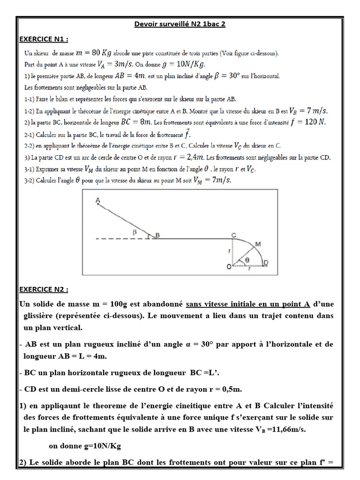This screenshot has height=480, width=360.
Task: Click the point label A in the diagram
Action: coord(97,200)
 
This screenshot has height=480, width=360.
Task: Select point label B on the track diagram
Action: coord(157,236)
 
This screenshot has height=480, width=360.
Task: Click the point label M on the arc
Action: coord(257,244)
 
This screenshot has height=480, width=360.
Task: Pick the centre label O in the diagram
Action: coord(229,267)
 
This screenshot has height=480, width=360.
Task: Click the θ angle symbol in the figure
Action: coord(247,259)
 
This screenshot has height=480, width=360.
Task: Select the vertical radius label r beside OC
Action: coord(229,251)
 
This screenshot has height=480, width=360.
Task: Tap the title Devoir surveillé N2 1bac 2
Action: coord(180,24)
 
